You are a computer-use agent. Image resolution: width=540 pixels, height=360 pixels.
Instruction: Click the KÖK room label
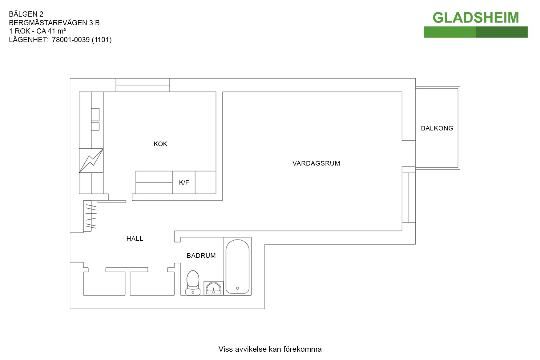[160, 144]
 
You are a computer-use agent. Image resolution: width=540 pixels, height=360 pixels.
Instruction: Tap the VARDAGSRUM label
[316, 163]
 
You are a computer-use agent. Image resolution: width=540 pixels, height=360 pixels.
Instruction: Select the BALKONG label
[437, 128]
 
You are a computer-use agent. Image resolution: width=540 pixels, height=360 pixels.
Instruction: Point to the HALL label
[135, 239]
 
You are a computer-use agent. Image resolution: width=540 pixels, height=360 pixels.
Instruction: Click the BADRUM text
[201, 256]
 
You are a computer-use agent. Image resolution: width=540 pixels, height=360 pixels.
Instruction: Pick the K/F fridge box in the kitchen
[184, 182]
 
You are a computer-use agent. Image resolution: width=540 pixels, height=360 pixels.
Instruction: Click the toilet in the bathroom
[193, 283]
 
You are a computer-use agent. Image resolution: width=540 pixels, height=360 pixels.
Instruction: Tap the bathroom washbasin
[213, 288]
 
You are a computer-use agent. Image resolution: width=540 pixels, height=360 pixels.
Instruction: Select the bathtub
[238, 266]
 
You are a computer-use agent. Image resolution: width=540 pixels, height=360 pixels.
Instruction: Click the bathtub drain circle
[237, 288]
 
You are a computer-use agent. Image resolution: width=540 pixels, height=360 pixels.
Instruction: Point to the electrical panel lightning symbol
[91, 161]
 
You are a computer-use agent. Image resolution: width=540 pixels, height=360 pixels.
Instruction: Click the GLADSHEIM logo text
[476, 18]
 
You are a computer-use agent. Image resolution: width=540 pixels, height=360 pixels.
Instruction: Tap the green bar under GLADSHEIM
[476, 32]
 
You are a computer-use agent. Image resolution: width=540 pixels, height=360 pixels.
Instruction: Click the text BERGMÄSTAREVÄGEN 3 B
[54, 23]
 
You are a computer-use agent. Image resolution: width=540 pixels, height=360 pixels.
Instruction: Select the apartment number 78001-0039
[71, 40]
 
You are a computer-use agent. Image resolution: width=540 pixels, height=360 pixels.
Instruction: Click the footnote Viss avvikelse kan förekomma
[270, 349]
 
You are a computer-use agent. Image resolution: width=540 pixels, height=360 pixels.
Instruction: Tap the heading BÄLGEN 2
[26, 14]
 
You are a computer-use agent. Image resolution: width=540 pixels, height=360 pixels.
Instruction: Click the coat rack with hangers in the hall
[90, 216]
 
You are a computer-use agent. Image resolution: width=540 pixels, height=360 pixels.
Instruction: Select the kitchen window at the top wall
[143, 85]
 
